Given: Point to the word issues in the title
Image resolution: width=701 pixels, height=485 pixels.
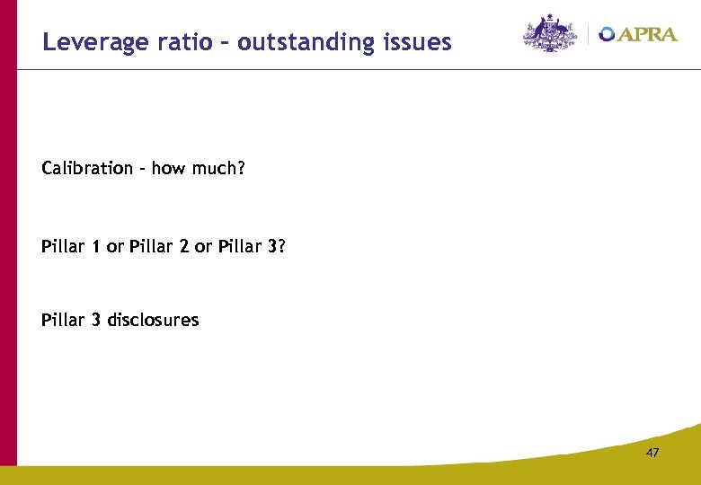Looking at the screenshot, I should point(416,42).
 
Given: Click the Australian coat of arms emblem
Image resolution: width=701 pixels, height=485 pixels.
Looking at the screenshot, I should point(550,33).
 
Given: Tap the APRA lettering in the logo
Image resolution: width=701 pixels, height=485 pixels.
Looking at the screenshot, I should point(648,34).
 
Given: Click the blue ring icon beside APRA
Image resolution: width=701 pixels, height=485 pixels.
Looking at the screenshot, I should point(608,34).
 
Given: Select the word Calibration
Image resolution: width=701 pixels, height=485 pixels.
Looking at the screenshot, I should point(87,169).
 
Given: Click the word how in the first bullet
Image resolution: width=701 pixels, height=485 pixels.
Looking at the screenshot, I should point(167,169).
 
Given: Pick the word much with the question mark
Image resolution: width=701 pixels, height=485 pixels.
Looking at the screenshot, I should point(217,169).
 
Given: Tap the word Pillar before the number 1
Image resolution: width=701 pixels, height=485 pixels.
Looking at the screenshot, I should point(62,246).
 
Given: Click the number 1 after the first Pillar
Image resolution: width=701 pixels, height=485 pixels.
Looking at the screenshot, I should point(95,246).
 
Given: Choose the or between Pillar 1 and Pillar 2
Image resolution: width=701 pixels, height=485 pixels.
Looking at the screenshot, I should point(114,246).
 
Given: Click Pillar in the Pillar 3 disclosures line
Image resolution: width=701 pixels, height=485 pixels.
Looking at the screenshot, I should point(62,320).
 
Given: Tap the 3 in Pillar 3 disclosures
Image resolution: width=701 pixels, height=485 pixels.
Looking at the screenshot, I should point(95,320).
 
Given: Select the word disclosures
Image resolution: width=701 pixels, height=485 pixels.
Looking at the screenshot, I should point(153,320).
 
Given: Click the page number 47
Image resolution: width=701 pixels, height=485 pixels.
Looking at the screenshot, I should point(652,454).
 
